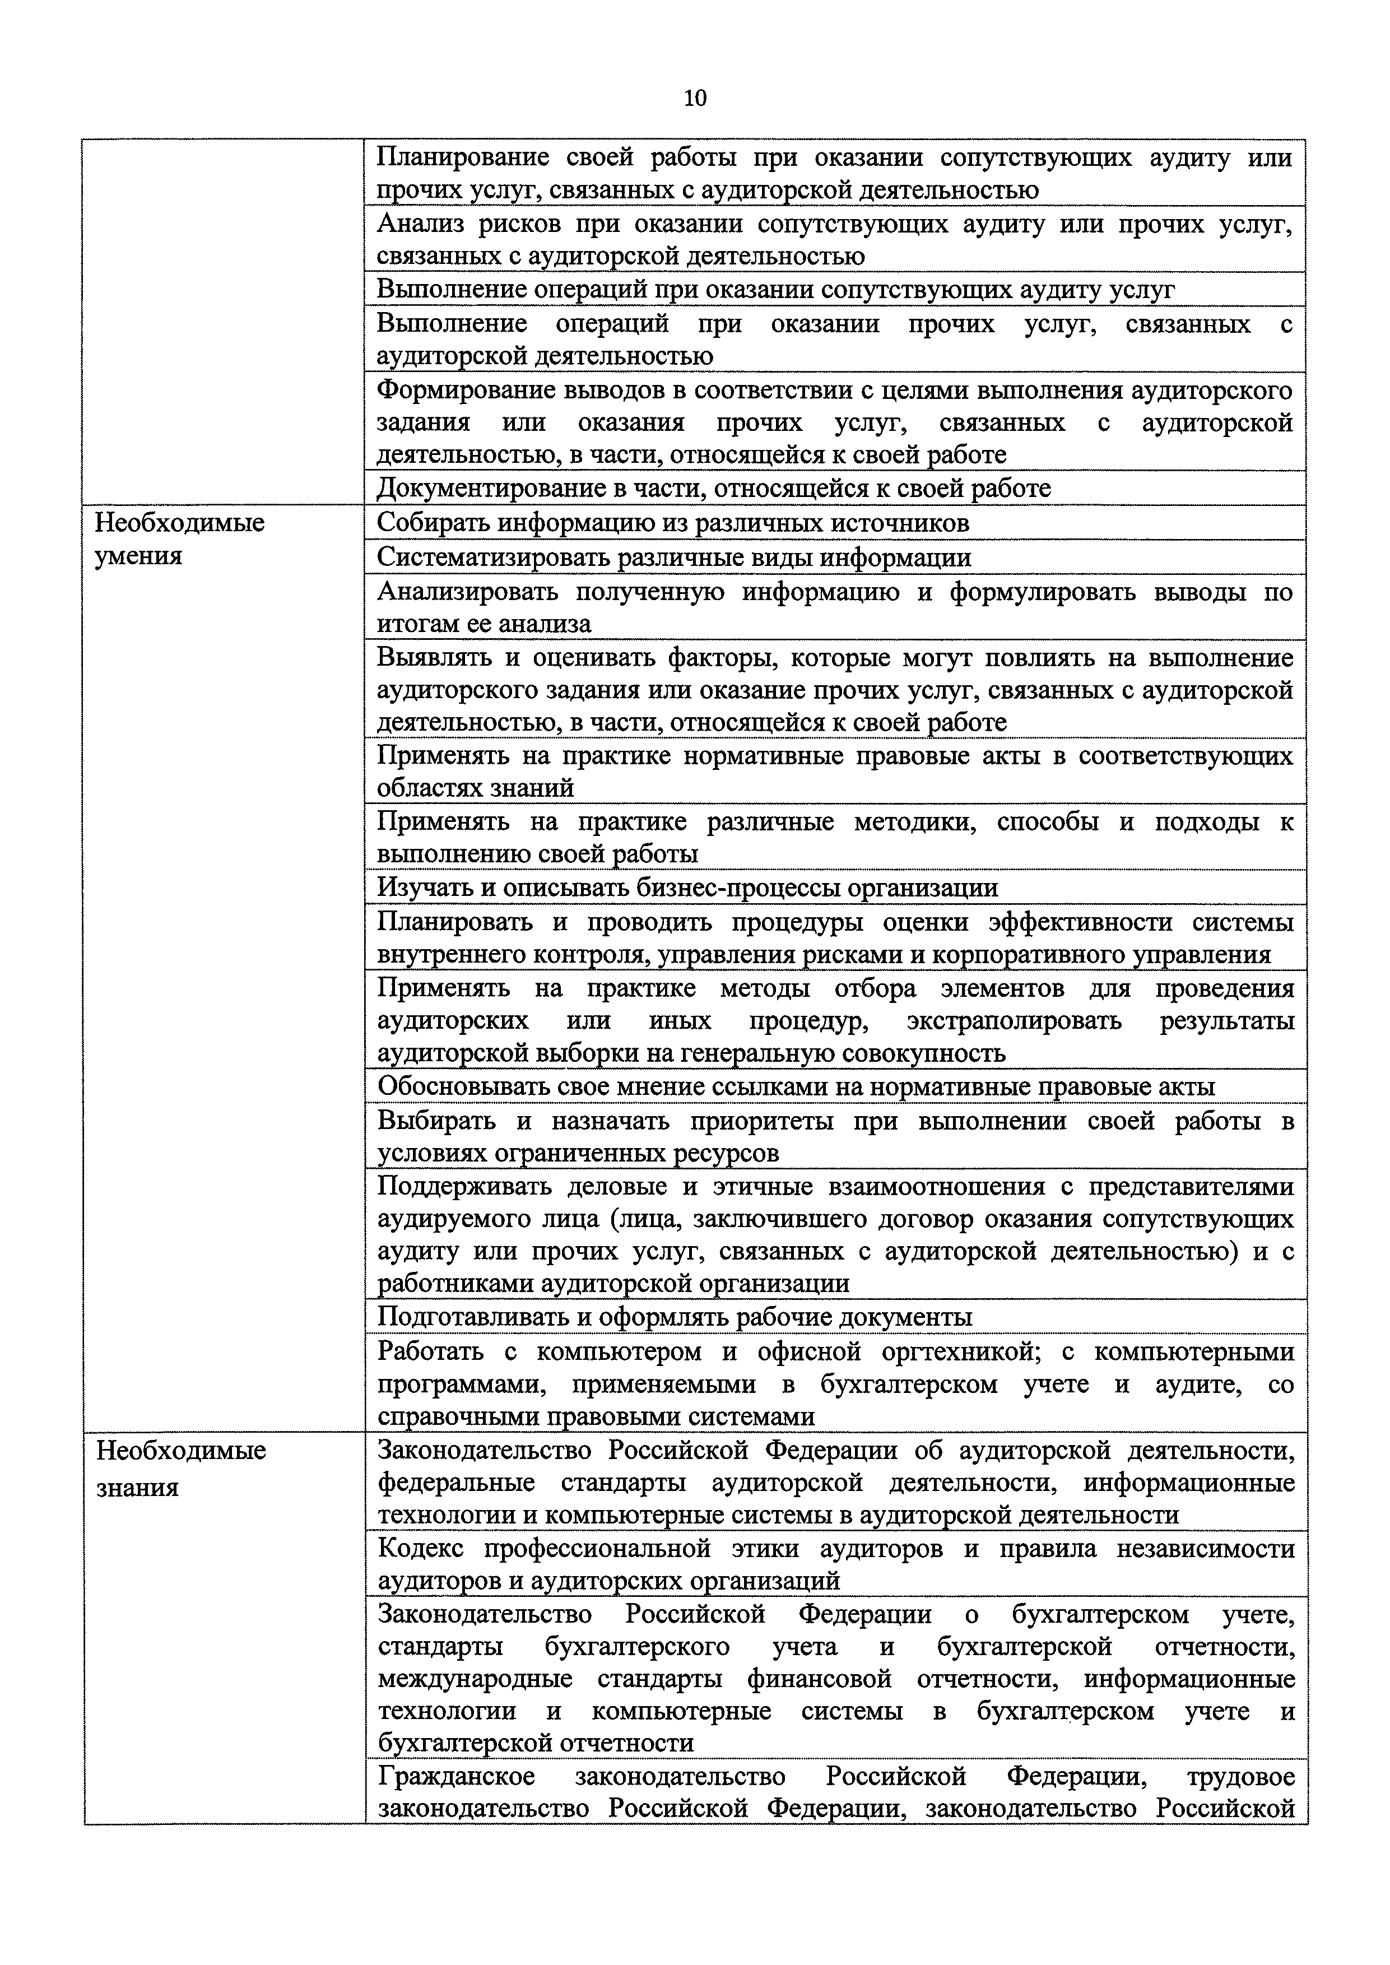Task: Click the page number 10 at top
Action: coord(695,99)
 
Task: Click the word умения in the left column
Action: coord(138,556)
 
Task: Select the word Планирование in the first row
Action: coord(462,157)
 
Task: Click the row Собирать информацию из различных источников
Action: coord(673,523)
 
